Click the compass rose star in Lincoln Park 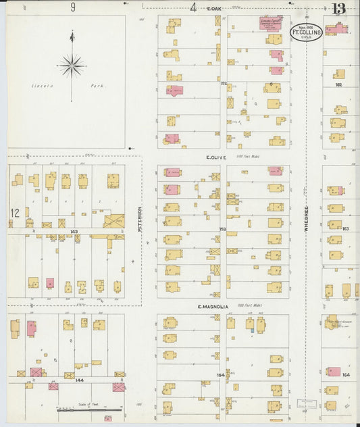tap(72, 66)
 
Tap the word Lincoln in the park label tap(41, 86)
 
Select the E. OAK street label tap(214, 8)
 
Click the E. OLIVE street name tap(216, 157)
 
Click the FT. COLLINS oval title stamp tap(305, 32)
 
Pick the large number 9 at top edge tap(72, 7)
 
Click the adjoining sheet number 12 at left tap(14, 213)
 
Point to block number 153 tap(223, 229)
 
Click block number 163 tap(346, 228)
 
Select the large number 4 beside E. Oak tap(193, 7)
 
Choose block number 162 tap(338, 84)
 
